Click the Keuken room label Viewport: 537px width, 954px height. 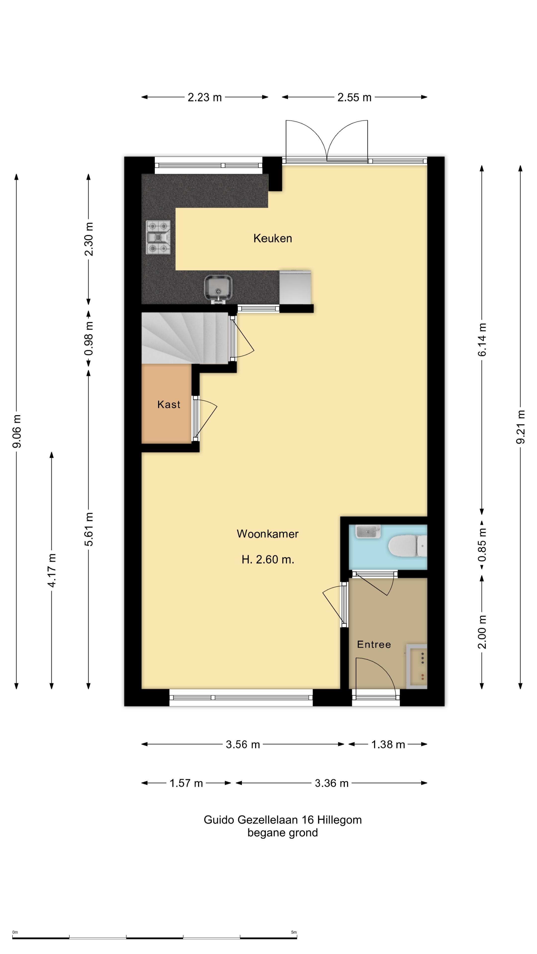point(272,238)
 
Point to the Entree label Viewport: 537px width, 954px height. point(374,644)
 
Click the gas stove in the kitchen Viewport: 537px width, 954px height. point(158,238)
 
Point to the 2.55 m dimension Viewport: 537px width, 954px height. point(354,97)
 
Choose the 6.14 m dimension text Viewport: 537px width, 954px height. point(482,340)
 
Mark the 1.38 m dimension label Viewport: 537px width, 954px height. point(388,744)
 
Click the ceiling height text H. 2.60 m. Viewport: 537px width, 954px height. point(268,559)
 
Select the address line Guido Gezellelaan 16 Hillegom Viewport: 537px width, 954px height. point(282,820)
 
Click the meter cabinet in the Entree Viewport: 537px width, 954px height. point(417,667)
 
